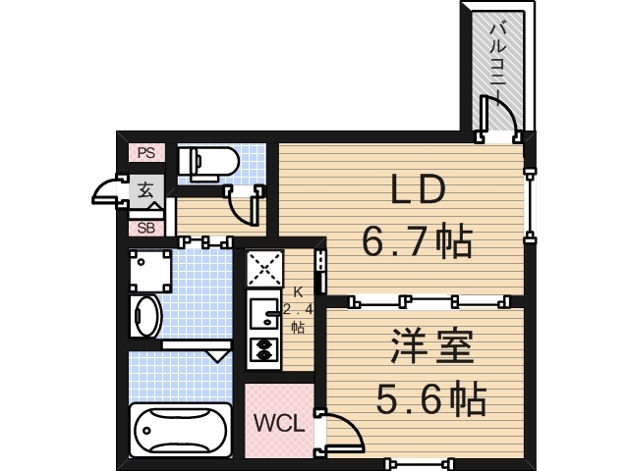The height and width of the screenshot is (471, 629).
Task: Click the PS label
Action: tap(145, 152)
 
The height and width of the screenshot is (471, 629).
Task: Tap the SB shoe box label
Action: tap(145, 228)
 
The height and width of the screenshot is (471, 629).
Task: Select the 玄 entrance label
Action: tap(145, 189)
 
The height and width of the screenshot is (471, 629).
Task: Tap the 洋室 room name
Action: tap(432, 346)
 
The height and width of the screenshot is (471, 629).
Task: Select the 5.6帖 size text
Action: tap(432, 397)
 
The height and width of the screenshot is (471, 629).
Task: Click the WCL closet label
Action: tap(279, 423)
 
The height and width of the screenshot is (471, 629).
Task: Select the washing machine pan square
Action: tap(150, 270)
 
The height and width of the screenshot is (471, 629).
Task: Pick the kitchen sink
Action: tap(263, 313)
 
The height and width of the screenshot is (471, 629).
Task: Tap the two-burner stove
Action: tap(263, 349)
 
